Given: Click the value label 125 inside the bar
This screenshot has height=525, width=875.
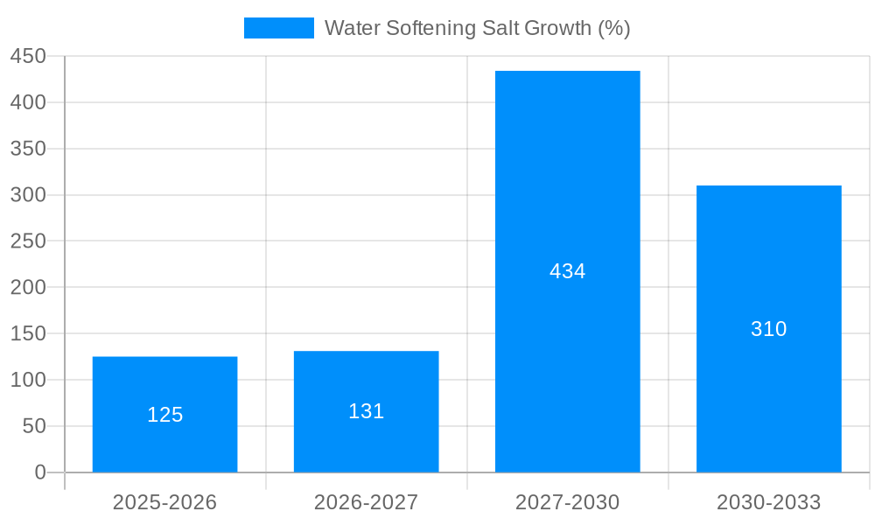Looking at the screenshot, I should pos(164,415).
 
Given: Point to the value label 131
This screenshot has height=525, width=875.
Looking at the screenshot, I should pos(366,411).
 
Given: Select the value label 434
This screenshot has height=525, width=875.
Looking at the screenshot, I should pos(567,271).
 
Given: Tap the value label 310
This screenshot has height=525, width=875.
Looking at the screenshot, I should pos(768,329).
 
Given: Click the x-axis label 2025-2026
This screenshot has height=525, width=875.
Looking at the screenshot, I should pos(164,502).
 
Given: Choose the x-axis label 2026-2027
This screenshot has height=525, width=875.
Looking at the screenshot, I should pos(366,502).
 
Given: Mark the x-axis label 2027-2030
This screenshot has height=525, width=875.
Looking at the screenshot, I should pos(567,502).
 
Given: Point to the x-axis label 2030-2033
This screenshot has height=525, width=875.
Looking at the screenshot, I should pos(768,502).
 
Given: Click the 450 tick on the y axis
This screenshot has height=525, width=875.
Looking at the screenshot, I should pos(28,56).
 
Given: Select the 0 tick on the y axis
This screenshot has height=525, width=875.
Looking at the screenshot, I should pos(39,472).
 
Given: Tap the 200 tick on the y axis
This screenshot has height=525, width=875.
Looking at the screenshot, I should pos(28,287).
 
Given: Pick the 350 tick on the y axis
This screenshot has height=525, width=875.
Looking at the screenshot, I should pos(28,149).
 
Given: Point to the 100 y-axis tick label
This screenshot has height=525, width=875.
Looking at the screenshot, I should pos(28,380).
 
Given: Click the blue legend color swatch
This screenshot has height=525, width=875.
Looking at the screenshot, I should pos(278,28).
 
